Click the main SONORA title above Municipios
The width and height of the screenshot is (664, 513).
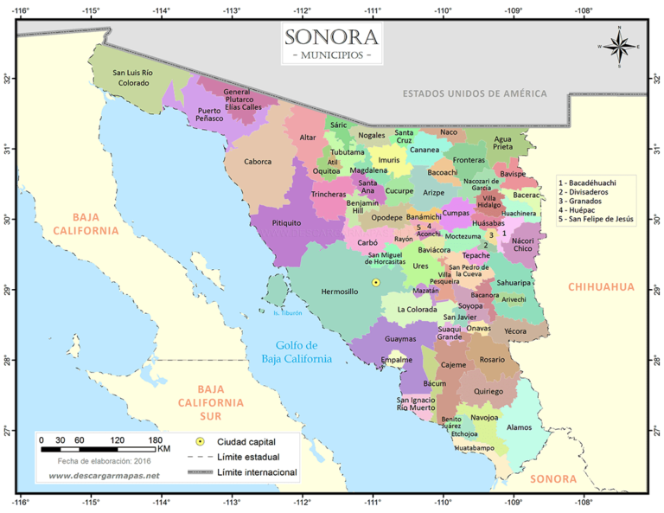tap(332, 37)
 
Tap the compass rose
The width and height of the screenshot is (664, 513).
tap(619, 46)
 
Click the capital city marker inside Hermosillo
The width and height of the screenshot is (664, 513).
tap(375, 283)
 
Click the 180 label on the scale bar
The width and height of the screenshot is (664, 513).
tap(156, 440)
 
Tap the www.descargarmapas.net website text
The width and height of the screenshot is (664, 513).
tap(98, 476)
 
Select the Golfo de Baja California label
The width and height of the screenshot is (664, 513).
tap(297, 352)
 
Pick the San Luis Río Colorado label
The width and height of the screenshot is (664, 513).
tap(134, 78)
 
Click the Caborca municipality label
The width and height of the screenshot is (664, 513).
tap(258, 162)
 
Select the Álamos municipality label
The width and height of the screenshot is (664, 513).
tap(520, 427)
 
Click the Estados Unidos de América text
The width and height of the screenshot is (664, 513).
tap(475, 93)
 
